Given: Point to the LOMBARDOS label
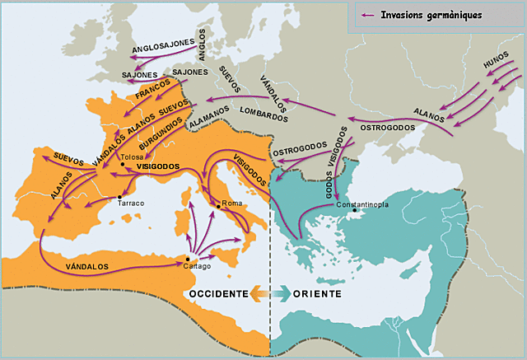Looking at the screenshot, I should tap(263, 113).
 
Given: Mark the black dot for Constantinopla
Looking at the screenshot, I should tap(356, 211).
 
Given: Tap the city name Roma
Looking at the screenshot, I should tap(232, 203).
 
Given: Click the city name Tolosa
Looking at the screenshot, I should tap(132, 157).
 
